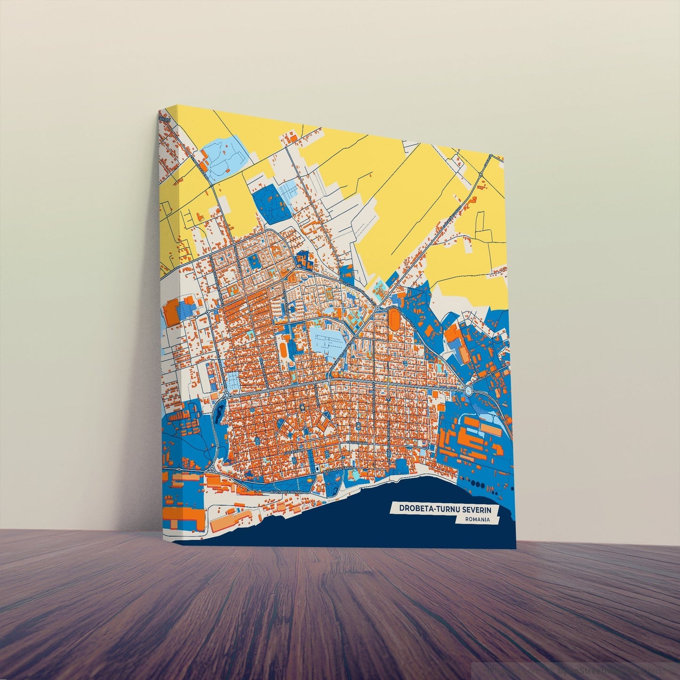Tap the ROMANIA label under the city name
[x=476, y=520]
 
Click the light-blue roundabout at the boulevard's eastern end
[x=468, y=390]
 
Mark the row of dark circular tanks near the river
[x=482, y=486]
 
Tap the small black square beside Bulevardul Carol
[x=319, y=470]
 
